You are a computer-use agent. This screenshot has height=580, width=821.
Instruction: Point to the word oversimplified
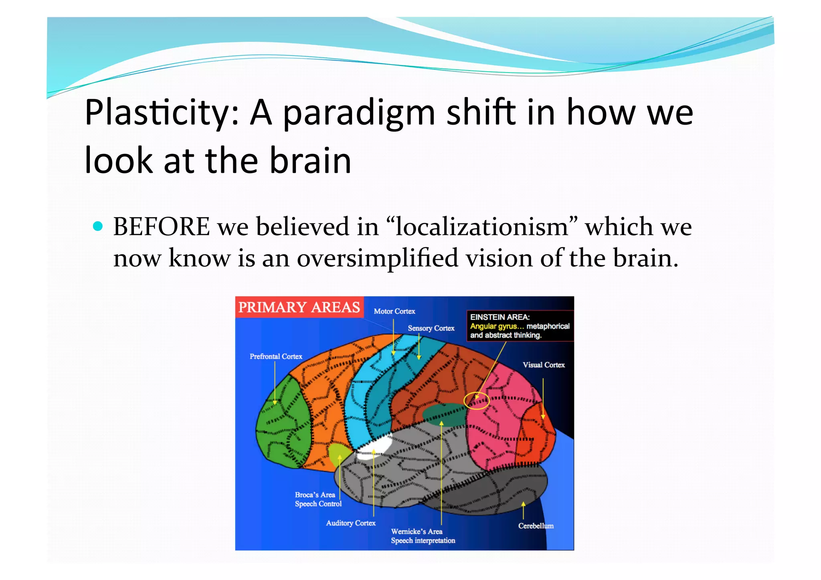pos(377,259)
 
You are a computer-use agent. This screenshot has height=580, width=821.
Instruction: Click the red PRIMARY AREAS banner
pos(299,307)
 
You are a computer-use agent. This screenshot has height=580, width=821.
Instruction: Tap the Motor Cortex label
pos(394,311)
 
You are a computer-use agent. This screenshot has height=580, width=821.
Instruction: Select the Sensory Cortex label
pos(431,328)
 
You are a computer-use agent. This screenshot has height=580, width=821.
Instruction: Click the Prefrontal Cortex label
pos(276,356)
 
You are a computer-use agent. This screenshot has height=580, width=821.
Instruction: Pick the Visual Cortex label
pos(543,365)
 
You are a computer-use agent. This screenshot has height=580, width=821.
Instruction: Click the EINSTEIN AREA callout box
pos(520,326)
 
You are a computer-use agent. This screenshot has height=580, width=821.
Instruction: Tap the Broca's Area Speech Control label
pos(318,499)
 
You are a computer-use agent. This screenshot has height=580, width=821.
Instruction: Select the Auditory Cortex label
pos(351,523)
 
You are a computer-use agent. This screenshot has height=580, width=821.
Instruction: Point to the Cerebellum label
pos(536,526)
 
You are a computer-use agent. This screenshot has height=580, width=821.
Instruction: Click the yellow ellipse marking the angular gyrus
pos(476,400)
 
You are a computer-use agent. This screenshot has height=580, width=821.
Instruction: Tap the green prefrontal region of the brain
pos(283,425)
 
